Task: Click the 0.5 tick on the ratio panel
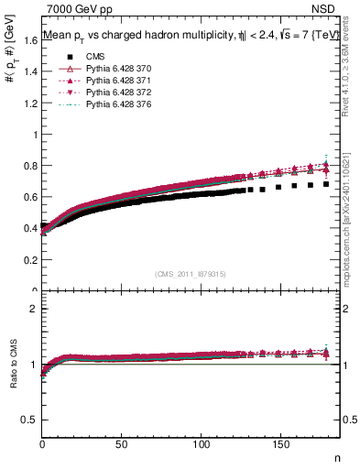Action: coord(30,419)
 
